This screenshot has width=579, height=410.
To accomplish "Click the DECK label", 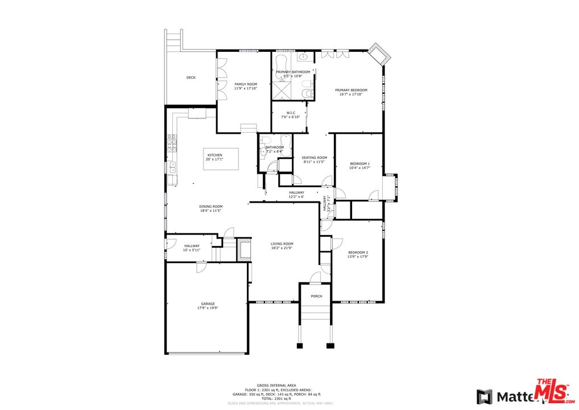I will pyautogui.click(x=191, y=77).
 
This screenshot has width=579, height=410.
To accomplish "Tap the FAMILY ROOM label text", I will pyautogui.click(x=246, y=84).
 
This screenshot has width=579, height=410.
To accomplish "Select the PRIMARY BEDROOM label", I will pyautogui.click(x=351, y=90).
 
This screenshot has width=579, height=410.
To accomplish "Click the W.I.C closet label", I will pyautogui.click(x=290, y=113).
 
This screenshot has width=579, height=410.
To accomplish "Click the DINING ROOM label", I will pyautogui.click(x=210, y=207).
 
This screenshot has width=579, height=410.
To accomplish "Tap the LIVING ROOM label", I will pyautogui.click(x=282, y=244).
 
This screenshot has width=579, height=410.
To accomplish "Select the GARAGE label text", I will pyautogui.click(x=208, y=304).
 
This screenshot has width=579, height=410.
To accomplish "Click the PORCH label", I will pyautogui.click(x=316, y=296).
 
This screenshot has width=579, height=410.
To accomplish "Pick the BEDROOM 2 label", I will pyautogui.click(x=358, y=252).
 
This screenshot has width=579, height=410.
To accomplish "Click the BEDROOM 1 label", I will pyautogui.click(x=359, y=164).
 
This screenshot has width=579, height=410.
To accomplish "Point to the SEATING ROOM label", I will pyautogui.click(x=314, y=158).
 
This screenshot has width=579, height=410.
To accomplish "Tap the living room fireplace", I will pyautogui.click(x=243, y=249).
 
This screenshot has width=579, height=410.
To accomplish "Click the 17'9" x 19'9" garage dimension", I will pyautogui.click(x=208, y=308).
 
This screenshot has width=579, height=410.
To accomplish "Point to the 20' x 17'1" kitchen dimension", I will pyautogui.click(x=215, y=159).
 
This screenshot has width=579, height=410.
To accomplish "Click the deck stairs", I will pyautogui.click(x=172, y=40).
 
